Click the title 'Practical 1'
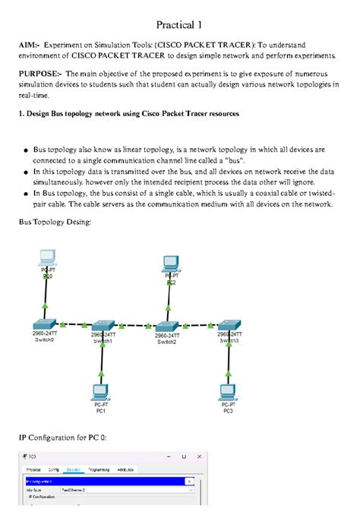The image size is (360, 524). (x=180, y=25)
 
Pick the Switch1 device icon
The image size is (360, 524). (x=102, y=324)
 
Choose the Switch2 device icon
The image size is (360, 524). (x=166, y=324)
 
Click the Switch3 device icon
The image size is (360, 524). (x=229, y=324)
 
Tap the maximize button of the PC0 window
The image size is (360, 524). (x=183, y=458)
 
